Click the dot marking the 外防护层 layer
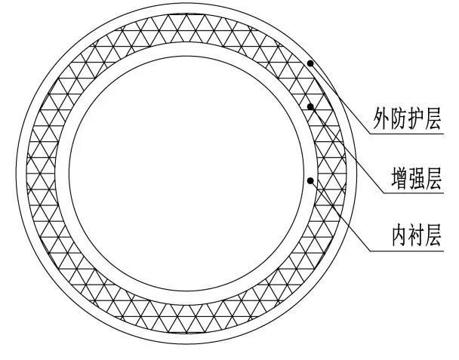tap(310, 63)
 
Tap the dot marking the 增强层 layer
tap(310, 106)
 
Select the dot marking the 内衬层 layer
tap(310, 180)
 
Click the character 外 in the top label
tap(381, 118)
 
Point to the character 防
tap(399, 118)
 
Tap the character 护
tap(416, 118)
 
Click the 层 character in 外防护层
tap(433, 118)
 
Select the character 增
tap(400, 177)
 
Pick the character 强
tap(417, 177)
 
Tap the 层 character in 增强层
tap(433, 177)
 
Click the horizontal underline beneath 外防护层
tap(407, 134)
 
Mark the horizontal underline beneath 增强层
tap(414, 193)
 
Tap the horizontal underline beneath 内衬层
tap(407, 251)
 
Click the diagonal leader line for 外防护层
tap(340, 99)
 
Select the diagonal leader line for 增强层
tap(347, 149)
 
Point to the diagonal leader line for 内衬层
tap(340, 216)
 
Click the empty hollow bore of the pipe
tap(186, 174)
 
